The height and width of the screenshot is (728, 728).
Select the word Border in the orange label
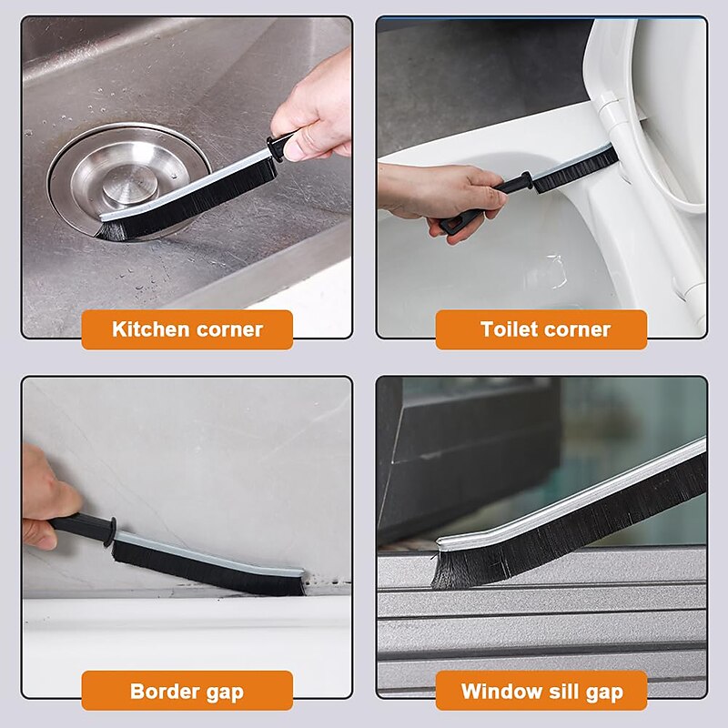pyautogui.click(x=162, y=691)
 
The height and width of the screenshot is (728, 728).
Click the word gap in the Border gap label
pyautogui.click(x=223, y=691)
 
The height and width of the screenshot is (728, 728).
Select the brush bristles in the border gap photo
pyautogui.click(x=209, y=570)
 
